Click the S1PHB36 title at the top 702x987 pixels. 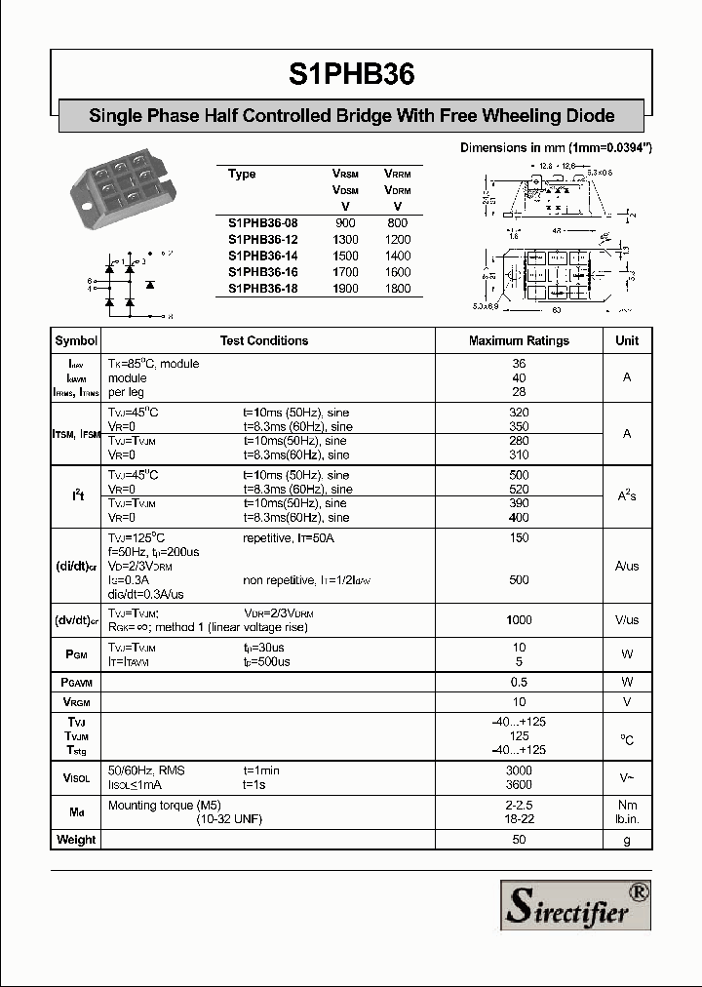(x=351, y=76)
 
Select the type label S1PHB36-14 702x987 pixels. (x=262, y=256)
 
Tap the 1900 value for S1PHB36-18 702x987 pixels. (x=345, y=289)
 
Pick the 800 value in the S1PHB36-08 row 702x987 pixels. (x=397, y=222)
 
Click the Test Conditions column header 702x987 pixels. (x=263, y=340)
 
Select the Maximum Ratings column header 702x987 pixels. (x=519, y=340)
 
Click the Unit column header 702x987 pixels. (x=627, y=340)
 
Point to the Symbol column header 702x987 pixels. (x=76, y=340)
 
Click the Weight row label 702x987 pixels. (x=76, y=839)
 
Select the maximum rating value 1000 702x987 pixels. (x=519, y=620)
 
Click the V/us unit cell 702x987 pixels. (x=627, y=620)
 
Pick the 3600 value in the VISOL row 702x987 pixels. (x=519, y=784)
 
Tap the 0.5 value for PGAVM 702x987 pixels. (x=519, y=682)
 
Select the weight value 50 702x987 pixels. (x=519, y=839)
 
